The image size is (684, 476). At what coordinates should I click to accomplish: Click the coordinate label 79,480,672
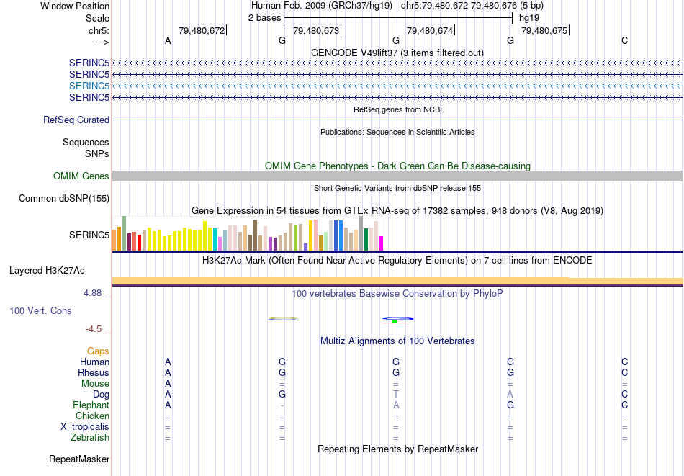[201, 30]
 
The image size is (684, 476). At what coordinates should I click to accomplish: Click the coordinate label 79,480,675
[544, 30]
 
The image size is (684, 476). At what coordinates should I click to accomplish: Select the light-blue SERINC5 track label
[89, 86]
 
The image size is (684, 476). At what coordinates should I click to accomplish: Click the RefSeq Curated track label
[76, 120]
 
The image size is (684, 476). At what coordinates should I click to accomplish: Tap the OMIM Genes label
[81, 176]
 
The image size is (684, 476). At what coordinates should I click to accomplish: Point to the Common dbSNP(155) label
[64, 199]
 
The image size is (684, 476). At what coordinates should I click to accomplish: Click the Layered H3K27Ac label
[47, 271]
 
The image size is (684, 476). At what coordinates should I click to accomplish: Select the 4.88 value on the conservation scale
[94, 293]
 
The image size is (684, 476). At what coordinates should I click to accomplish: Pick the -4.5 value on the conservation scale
[94, 329]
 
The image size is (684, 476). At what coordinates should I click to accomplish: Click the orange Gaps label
[98, 351]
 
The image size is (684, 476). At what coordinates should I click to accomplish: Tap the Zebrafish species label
[90, 438]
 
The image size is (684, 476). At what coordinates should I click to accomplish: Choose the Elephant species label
[91, 405]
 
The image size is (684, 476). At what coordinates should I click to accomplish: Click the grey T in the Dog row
[395, 395]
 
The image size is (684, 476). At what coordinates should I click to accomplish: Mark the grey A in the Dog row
[510, 395]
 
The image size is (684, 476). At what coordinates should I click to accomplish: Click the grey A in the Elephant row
[395, 405]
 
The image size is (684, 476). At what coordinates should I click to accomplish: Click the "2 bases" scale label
[265, 17]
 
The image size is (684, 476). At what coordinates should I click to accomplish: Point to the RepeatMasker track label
[79, 459]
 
